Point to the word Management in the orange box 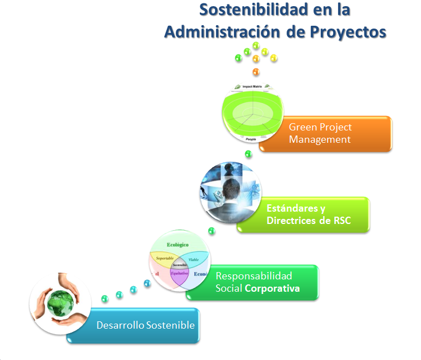320,139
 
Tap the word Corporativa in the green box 273,289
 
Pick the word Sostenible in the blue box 170,325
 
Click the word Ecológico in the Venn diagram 178,245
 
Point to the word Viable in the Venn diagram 194,260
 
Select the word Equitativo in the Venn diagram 180,273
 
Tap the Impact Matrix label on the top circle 251,87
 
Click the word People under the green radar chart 251,138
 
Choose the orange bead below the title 256,72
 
